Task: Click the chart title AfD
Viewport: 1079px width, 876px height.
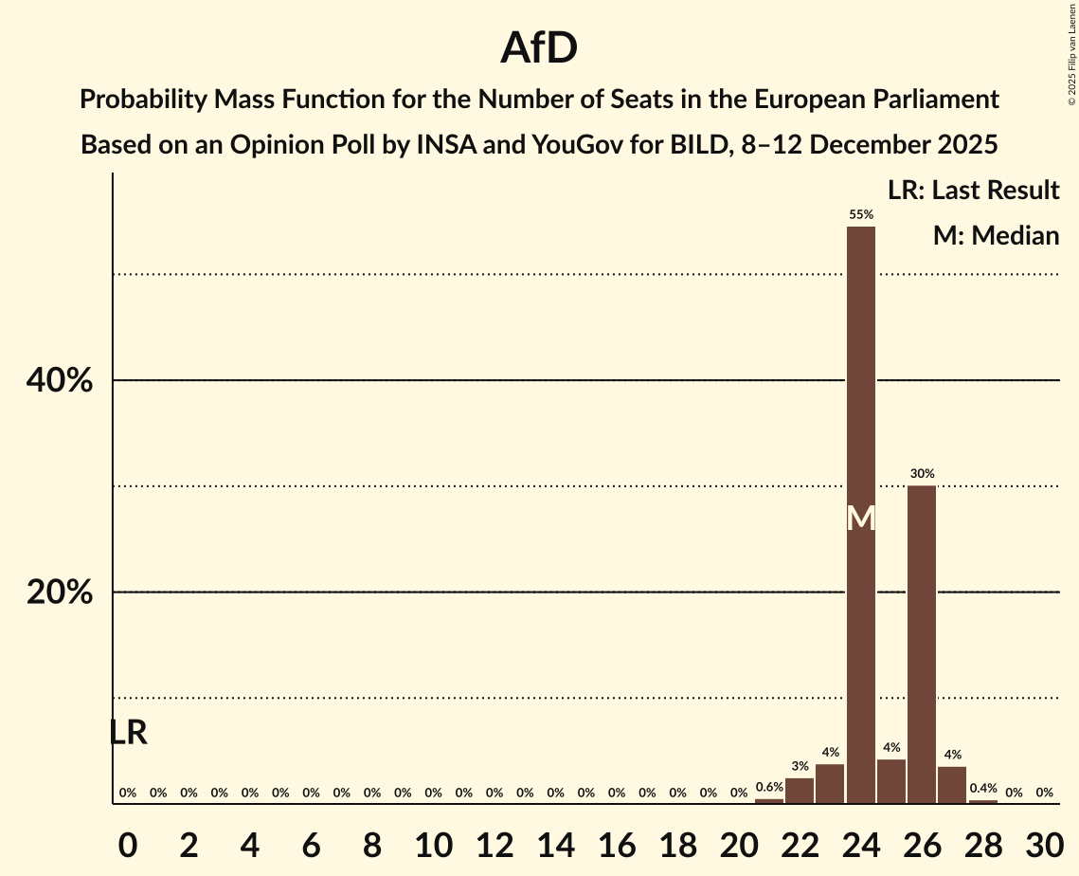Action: pos(539,47)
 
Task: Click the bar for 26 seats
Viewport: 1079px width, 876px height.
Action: pos(922,645)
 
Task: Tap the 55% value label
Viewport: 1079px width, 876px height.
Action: pos(860,215)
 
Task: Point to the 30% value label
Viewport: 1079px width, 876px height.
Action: pos(922,473)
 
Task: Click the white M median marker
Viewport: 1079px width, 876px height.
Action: pos(860,519)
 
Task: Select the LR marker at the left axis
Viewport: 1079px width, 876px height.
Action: pos(128,733)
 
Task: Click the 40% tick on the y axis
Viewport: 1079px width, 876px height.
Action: pos(59,381)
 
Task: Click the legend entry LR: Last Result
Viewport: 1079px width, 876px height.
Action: pos(973,191)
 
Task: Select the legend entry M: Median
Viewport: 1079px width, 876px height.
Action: pos(996,236)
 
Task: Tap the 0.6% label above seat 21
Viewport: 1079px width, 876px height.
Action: pos(769,787)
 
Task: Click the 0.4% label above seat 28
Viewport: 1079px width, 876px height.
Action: pos(982,788)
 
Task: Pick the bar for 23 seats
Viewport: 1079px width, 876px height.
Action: pos(830,784)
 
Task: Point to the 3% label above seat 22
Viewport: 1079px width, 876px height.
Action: pos(800,766)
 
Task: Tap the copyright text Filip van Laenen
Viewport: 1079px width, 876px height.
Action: pos(1072,38)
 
